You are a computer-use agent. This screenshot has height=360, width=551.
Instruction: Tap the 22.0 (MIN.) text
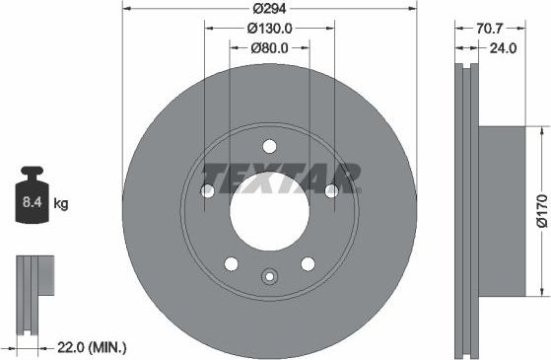coord(87,347)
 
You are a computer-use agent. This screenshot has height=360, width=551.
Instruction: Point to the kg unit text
coord(61,205)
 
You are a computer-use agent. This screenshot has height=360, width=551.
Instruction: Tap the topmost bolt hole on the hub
coord(269,147)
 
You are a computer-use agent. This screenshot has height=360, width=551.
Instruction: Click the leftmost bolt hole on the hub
coord(208,190)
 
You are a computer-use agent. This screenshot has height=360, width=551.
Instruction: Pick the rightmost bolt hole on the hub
coord(330,190)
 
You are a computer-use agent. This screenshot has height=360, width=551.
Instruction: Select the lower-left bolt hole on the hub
coord(231,263)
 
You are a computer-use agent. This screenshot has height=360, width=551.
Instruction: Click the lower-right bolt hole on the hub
coord(307,263)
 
